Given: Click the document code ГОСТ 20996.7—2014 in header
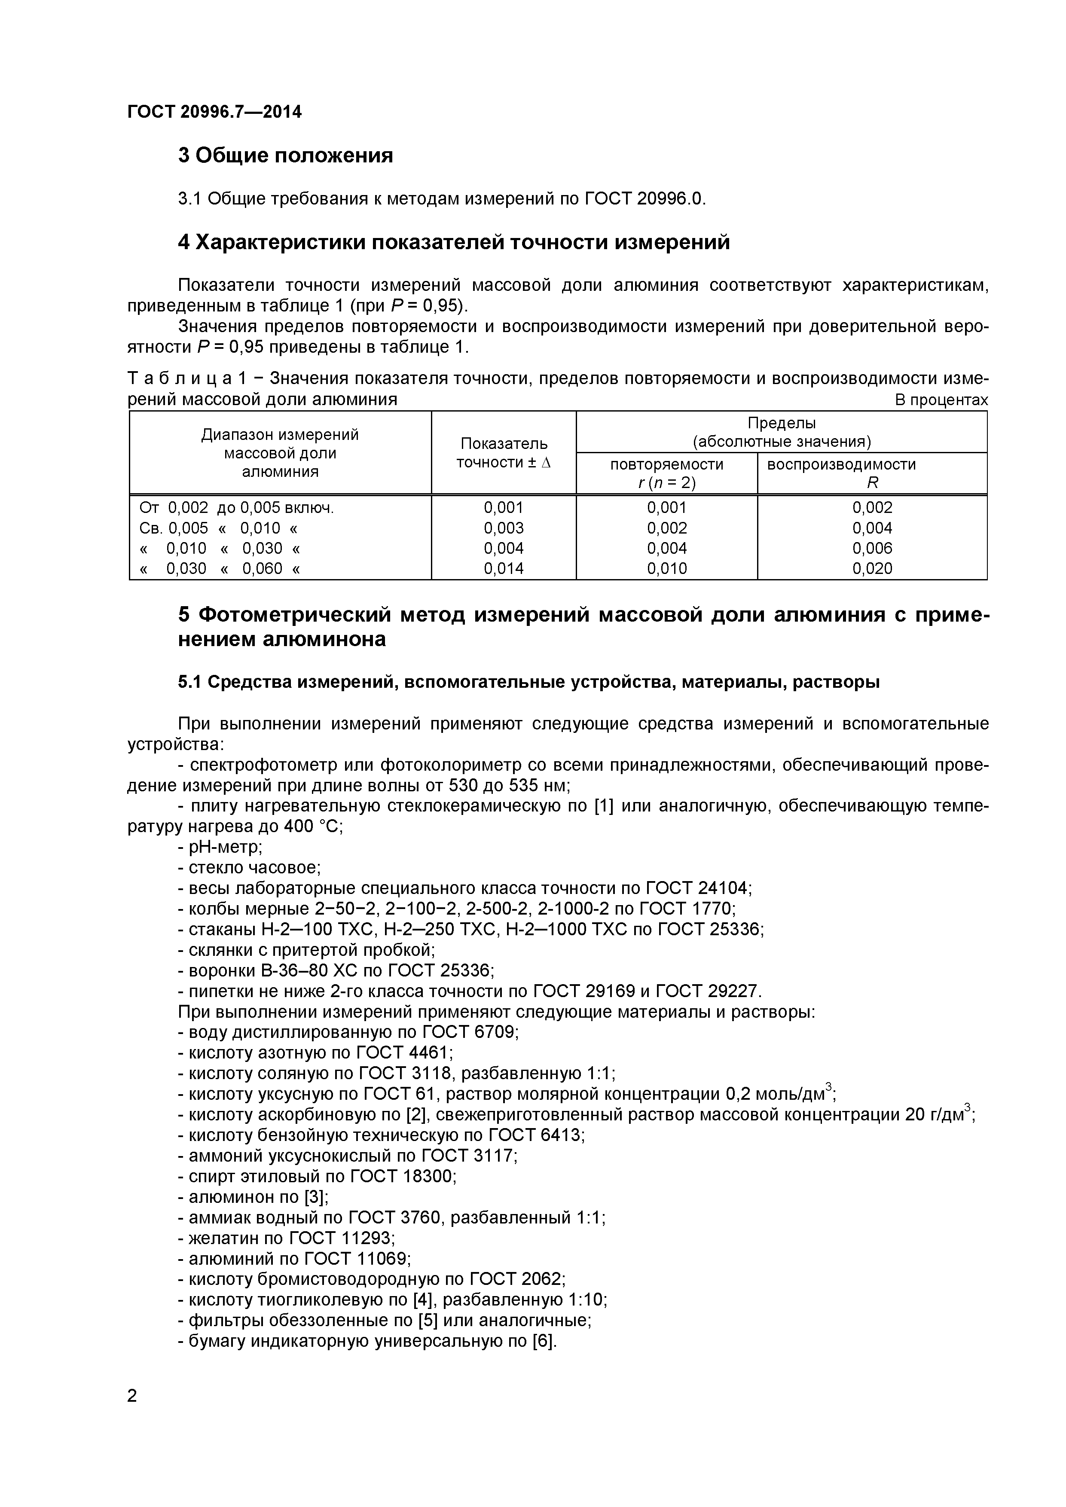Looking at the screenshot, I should tap(214, 112).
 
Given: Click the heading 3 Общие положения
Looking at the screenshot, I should tap(286, 156).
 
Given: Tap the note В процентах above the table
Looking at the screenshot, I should tap(941, 400).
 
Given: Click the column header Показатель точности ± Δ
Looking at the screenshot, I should tap(504, 453).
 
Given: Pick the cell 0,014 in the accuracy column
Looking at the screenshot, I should tap(504, 568).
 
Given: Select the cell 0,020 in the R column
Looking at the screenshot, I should tap(872, 568).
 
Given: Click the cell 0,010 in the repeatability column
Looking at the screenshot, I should tap(666, 568).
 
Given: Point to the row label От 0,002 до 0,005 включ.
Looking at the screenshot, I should tap(236, 507).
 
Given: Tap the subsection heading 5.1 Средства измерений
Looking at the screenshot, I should tap(528, 683).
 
